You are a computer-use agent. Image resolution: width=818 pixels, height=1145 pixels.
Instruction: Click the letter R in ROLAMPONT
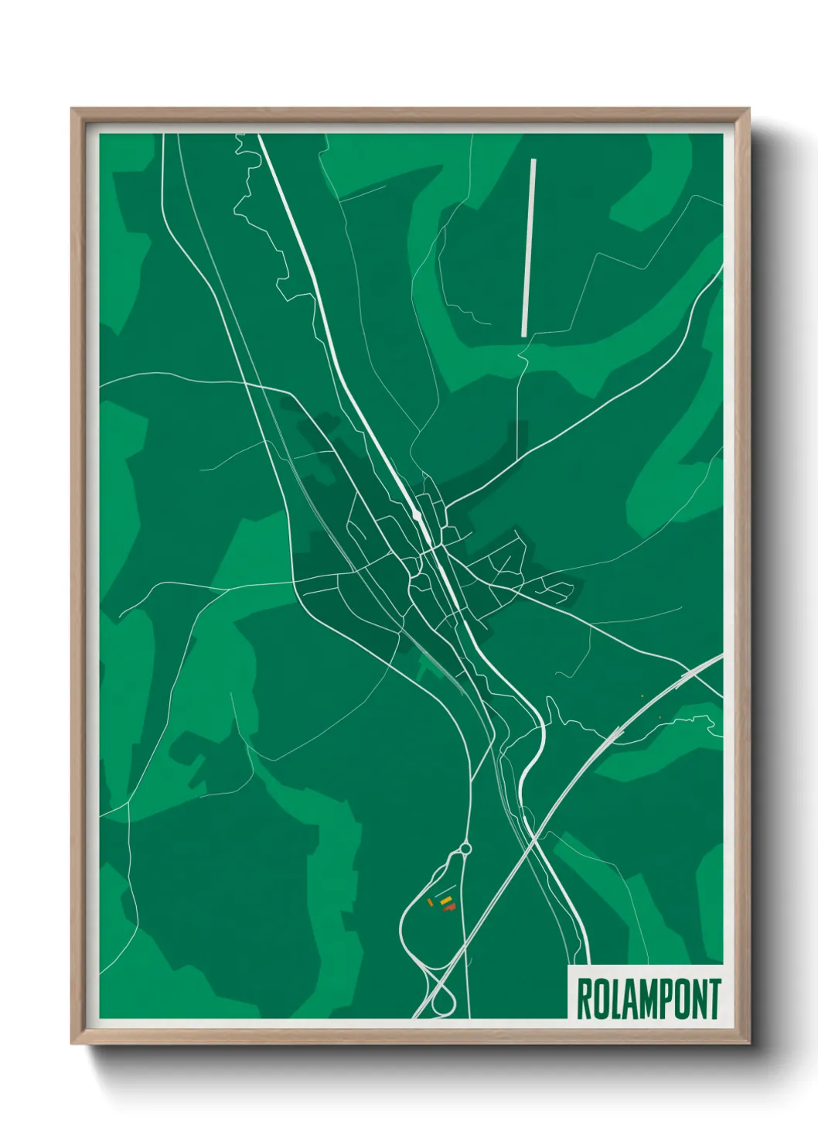584,1000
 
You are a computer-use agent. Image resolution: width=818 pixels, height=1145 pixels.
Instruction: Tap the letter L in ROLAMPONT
616,1000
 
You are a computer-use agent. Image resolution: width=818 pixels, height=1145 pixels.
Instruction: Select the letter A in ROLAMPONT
631,1000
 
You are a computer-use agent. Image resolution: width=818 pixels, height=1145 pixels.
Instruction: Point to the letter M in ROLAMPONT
649,1000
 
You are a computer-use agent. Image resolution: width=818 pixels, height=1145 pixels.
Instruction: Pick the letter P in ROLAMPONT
667,1000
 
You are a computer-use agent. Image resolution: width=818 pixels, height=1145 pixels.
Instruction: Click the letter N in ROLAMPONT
699,1000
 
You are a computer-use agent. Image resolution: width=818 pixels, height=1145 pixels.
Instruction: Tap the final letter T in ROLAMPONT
714,1000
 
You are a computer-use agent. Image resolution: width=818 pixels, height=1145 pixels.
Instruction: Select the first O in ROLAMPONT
601,1000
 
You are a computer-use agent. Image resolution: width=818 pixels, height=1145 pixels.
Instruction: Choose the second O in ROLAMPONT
683,1000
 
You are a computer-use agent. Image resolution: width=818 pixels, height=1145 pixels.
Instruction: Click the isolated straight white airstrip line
529,248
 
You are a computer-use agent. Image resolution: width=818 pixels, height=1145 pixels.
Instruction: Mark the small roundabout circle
465,849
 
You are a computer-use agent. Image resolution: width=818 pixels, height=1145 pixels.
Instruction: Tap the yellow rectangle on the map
445,900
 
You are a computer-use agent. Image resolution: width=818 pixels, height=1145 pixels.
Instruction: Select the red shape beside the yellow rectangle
449,907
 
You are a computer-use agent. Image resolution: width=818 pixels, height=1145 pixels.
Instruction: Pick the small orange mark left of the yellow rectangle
430,902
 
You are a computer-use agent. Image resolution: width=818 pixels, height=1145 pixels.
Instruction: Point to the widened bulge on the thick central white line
418,514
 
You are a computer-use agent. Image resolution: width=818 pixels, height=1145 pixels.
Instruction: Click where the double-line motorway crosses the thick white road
535,837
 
